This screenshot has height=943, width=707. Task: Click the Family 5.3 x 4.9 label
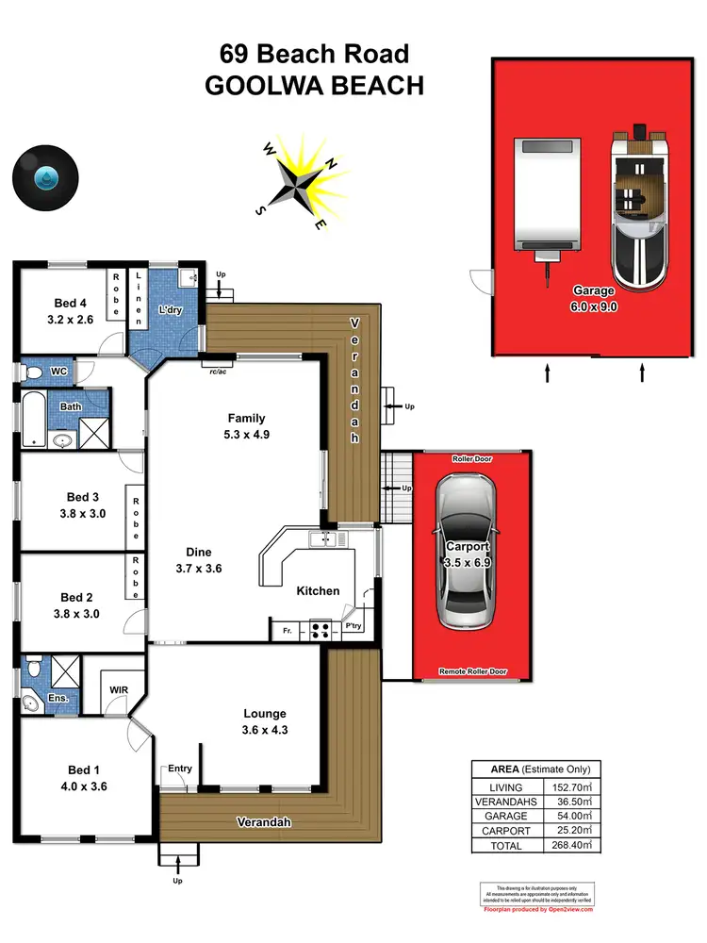[x=246, y=426]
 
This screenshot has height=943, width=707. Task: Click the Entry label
[x=179, y=769]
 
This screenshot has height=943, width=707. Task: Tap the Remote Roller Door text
[x=473, y=671]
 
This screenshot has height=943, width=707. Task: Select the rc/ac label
[x=217, y=371]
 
